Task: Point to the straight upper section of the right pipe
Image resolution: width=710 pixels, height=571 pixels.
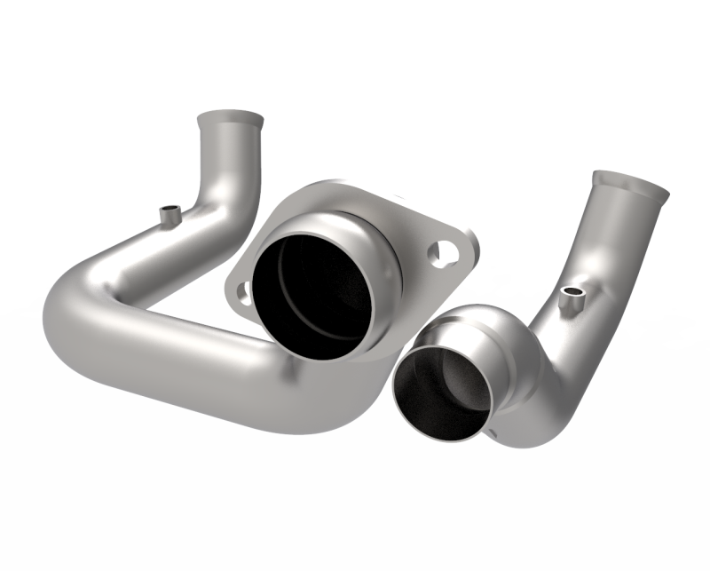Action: (612, 240)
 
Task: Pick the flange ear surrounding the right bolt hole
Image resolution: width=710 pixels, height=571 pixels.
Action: (453, 253)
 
